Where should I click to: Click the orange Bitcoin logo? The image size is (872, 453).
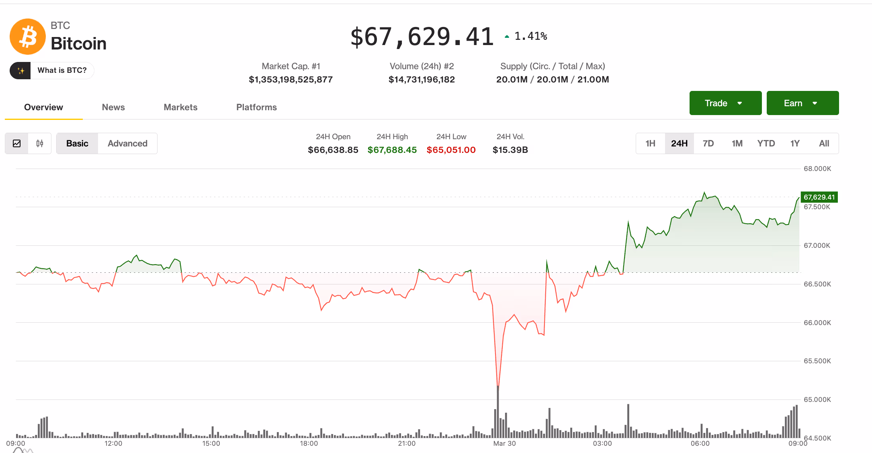[x=28, y=37]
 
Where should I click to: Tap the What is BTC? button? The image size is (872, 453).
[x=52, y=70]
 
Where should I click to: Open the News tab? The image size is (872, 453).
[x=113, y=107]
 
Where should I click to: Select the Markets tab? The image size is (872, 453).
[x=180, y=107]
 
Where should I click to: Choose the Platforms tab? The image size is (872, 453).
[x=256, y=107]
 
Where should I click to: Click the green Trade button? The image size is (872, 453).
[x=725, y=103]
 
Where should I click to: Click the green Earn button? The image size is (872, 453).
[x=802, y=103]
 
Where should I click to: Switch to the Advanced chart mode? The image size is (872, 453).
[x=127, y=143]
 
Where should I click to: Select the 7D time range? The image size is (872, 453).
[x=708, y=143]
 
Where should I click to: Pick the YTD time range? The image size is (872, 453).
[x=766, y=143]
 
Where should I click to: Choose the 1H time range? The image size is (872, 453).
[x=650, y=143]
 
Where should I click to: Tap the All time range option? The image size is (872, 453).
[x=824, y=143]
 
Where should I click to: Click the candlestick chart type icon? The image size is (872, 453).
[x=40, y=143]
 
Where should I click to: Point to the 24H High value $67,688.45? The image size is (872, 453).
[x=392, y=150]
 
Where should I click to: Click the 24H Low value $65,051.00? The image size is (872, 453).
[x=451, y=150]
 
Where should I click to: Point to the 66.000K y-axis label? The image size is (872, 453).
[x=817, y=323]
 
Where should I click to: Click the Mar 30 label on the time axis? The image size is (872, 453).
[x=504, y=443]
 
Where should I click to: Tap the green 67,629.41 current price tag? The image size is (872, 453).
[x=819, y=197]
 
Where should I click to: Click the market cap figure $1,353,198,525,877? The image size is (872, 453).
[x=291, y=80]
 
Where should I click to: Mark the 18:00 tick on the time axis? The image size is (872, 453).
[x=309, y=443]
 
